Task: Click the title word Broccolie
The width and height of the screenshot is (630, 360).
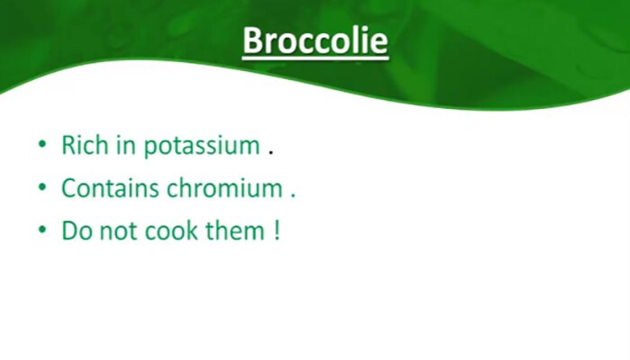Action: (x=315, y=40)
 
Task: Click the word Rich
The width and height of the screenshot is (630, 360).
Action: (x=85, y=145)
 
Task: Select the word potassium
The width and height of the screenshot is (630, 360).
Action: (x=202, y=147)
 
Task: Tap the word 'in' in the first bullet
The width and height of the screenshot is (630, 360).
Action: (x=126, y=145)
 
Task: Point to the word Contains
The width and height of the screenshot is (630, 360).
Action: (x=110, y=187)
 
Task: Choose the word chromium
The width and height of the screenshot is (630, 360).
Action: (x=225, y=187)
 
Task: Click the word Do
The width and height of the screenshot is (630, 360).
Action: (x=76, y=230)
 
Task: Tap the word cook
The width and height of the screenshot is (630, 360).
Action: (x=171, y=230)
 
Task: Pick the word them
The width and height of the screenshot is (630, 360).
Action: (x=235, y=230)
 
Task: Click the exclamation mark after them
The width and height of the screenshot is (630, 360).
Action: (x=276, y=230)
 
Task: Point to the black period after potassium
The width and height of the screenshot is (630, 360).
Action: (x=271, y=153)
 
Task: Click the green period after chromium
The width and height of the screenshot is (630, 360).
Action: (x=292, y=195)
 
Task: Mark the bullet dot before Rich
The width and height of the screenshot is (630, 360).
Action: (x=42, y=144)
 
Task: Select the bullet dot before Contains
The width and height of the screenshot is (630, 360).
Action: (x=42, y=187)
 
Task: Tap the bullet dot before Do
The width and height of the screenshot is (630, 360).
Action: (x=42, y=230)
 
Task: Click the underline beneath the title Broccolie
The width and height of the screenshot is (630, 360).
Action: (x=315, y=59)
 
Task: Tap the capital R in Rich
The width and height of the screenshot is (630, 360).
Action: (x=68, y=145)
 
